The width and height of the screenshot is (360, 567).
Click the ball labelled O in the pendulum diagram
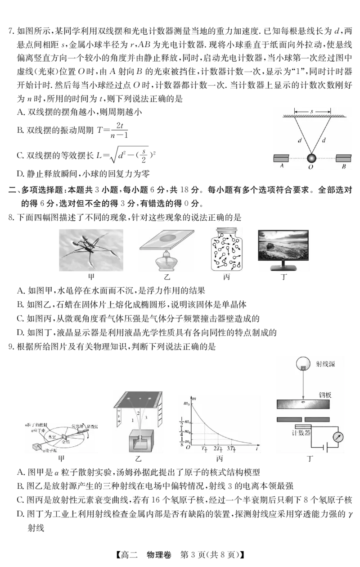point(311,158)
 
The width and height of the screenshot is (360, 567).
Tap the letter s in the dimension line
point(312,109)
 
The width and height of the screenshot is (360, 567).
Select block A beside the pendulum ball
point(281,158)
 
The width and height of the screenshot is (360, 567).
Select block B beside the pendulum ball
point(343,158)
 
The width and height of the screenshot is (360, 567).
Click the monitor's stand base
point(284,270)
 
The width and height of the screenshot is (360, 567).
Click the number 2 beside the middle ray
point(139,413)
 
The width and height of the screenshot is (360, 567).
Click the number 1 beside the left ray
point(132,420)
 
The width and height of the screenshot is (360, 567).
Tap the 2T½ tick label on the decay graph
point(219,449)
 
